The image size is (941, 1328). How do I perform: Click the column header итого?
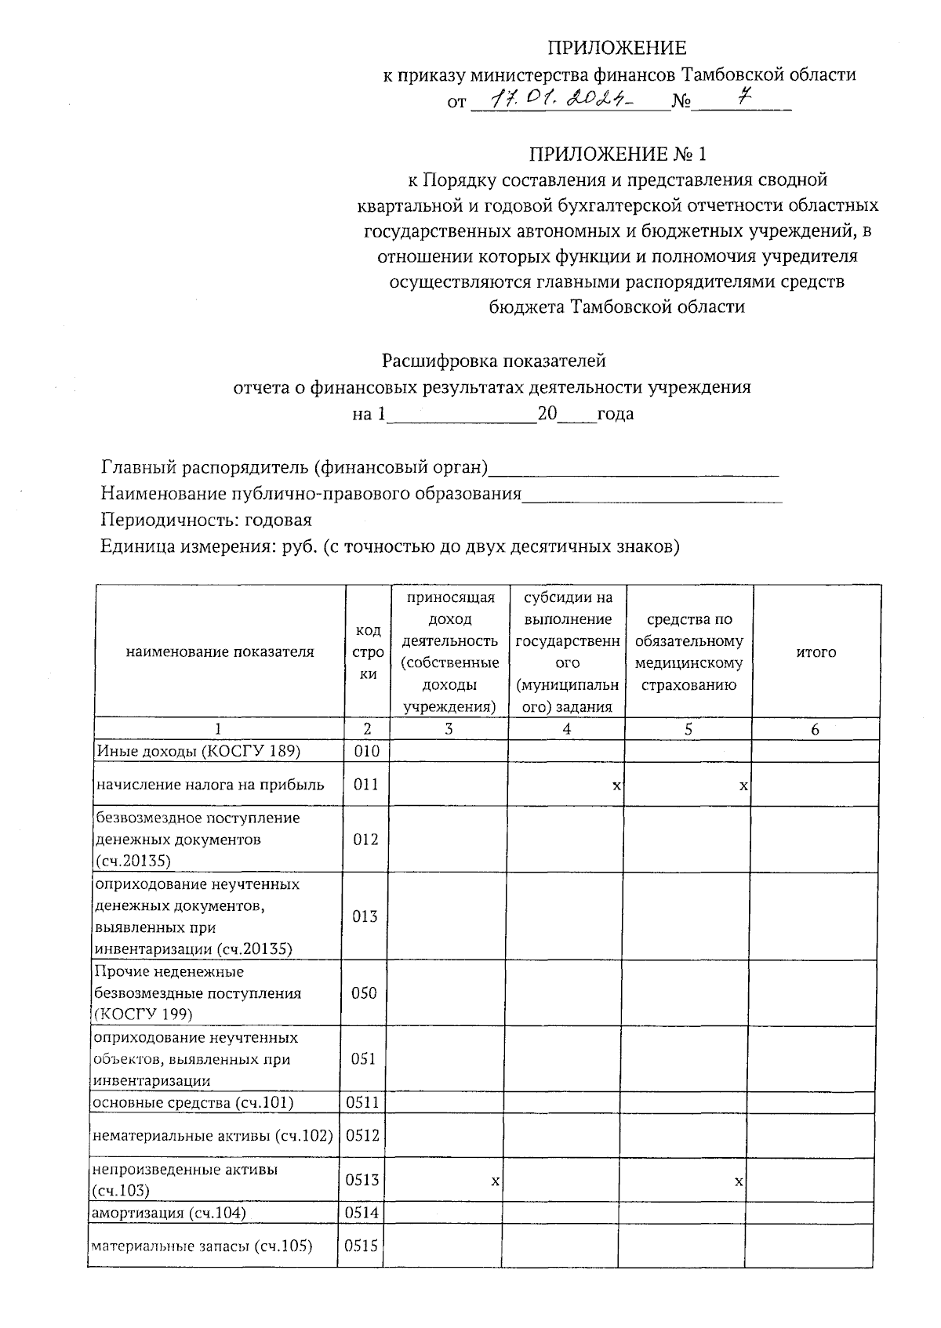(x=816, y=652)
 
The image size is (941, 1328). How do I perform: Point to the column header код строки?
(x=369, y=652)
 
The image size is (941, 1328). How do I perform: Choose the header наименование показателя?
(x=220, y=652)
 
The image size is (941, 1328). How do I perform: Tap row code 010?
(x=365, y=752)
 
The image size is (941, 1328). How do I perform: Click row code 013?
(x=365, y=916)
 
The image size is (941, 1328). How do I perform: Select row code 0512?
(x=362, y=1135)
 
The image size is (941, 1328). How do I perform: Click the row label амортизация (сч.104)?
(x=169, y=1214)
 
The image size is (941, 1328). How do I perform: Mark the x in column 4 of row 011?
(x=616, y=785)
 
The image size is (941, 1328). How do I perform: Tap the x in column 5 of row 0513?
(x=738, y=1180)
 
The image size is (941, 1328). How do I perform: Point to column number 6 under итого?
(x=815, y=730)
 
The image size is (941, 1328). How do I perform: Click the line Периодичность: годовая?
(x=206, y=521)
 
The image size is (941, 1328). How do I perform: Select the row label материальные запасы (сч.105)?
(x=202, y=1246)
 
